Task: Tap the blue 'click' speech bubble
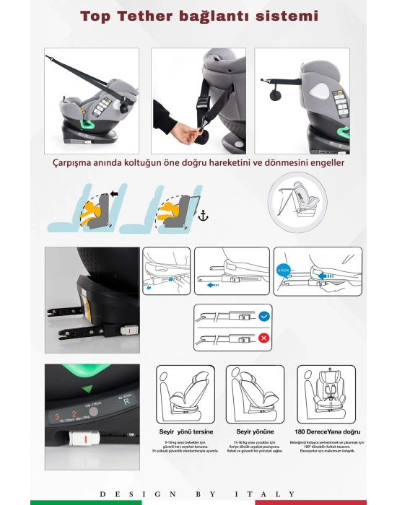(x=283, y=270)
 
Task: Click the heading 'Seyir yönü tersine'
(x=186, y=431)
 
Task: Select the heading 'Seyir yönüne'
(x=255, y=431)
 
